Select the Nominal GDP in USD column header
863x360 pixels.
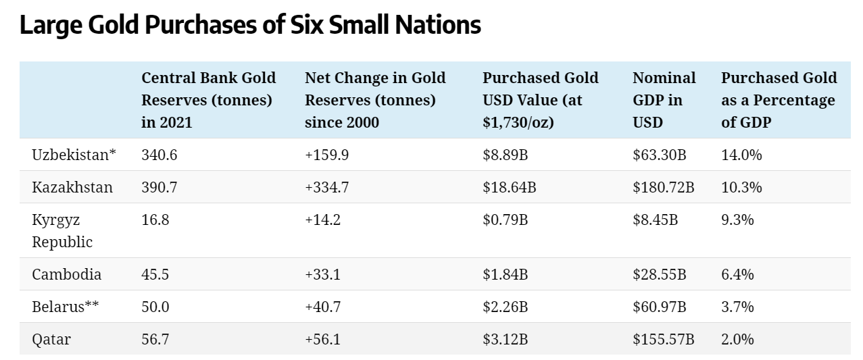[664, 100]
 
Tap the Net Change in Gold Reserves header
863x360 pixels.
[375, 100]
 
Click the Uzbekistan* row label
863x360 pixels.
[74, 155]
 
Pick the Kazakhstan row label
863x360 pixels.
[72, 187]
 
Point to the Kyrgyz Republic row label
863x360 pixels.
[62, 230]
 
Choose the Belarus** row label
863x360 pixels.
[65, 307]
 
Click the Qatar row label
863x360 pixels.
[51, 339]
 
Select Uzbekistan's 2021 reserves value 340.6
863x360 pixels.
[159, 155]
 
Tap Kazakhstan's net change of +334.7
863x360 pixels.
[326, 187]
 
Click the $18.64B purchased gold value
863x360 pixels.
[510, 187]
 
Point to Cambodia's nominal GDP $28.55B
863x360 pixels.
[659, 274]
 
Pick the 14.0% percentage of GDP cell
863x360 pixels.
[741, 155]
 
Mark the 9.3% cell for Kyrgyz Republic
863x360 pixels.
[737, 220]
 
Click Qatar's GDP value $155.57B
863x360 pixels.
[664, 339]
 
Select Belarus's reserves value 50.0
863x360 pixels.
[155, 307]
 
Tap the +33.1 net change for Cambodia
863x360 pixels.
[322, 274]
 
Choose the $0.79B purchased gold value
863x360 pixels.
[505, 220]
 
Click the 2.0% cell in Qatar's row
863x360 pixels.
[737, 339]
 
